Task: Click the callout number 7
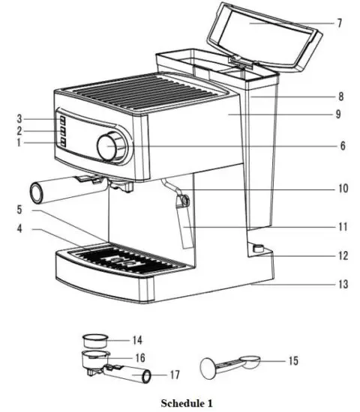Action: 340,22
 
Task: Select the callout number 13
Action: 342,285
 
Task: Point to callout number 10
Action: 342,189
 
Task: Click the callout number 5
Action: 19,211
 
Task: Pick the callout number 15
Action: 293,361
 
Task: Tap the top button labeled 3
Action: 62,120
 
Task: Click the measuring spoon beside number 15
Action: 225,366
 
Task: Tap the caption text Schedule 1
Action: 181,402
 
